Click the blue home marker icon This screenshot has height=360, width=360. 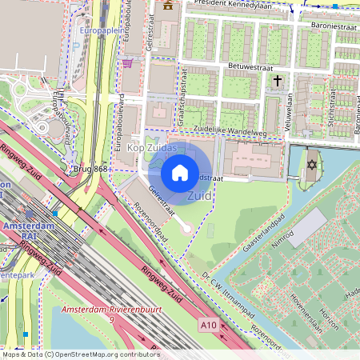[180, 172]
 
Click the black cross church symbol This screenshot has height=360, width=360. [278, 81]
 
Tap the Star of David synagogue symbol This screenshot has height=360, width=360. [310, 165]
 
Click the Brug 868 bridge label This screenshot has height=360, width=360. [90, 170]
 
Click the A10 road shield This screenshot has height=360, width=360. [208, 326]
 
